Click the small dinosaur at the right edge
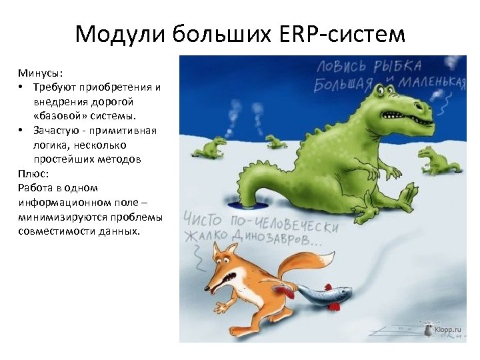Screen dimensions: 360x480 (x=437, y=161)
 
